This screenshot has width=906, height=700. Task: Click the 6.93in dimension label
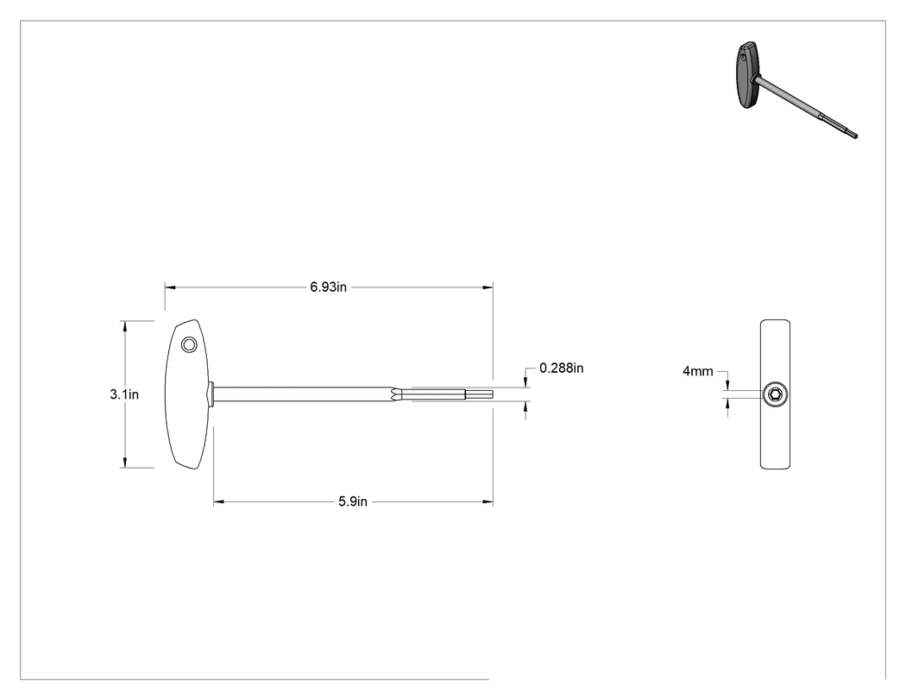tap(328, 287)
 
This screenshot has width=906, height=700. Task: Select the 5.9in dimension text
tap(353, 501)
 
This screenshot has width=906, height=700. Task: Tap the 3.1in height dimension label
tap(124, 394)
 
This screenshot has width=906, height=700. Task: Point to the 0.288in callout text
tap(561, 369)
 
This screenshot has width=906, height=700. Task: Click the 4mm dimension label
tap(698, 371)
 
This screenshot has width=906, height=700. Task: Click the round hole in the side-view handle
tap(188, 345)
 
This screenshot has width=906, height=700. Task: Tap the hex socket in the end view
tap(775, 394)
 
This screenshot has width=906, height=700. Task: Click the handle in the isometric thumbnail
tap(747, 75)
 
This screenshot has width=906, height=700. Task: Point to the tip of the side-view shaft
tap(492, 394)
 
